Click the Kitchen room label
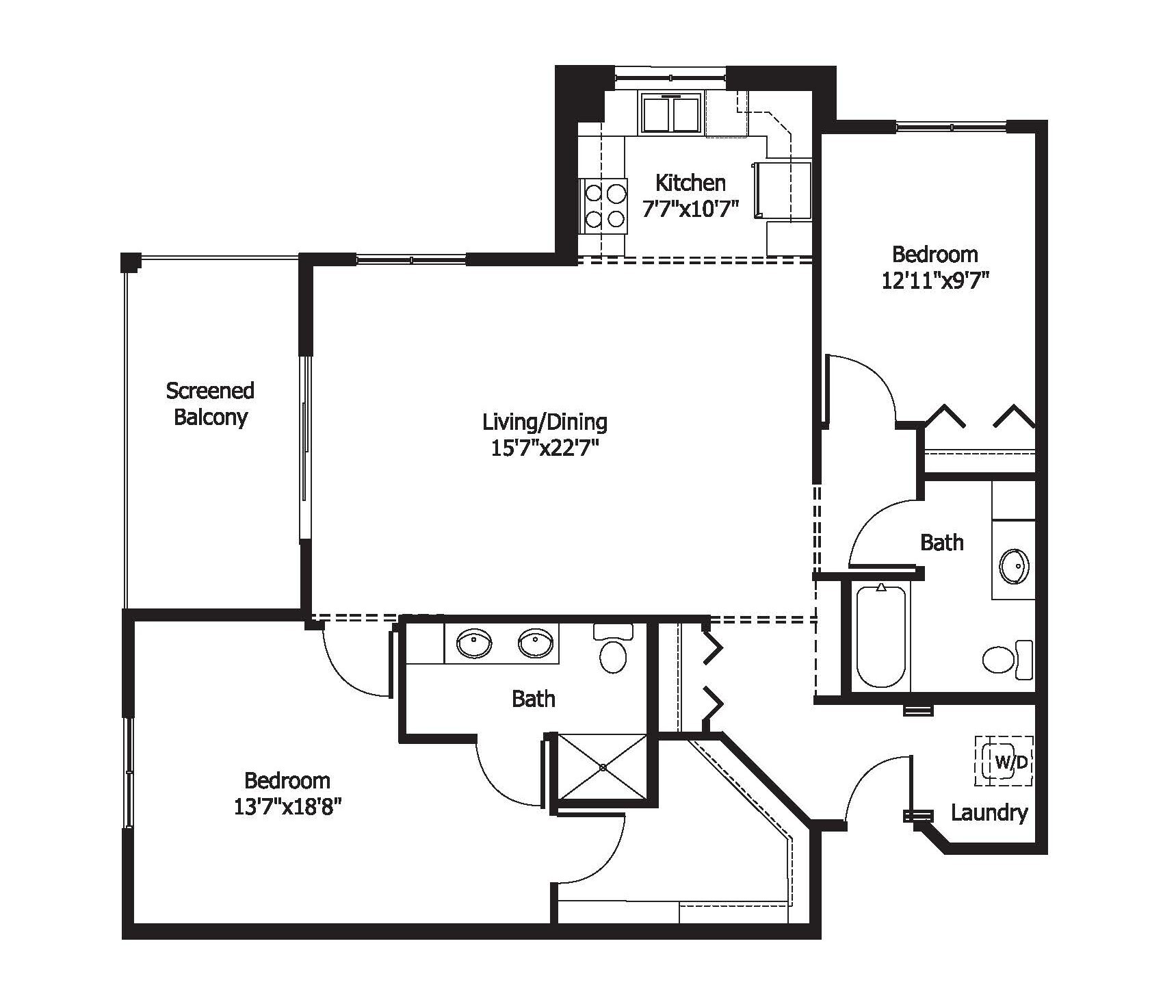click(690, 183)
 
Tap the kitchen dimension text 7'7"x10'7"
click(690, 209)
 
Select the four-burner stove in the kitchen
click(603, 205)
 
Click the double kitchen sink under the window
click(671, 114)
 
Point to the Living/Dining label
click(545, 422)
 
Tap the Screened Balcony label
click(210, 403)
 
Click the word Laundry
click(989, 812)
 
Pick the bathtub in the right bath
click(881, 636)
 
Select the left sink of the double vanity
click(474, 643)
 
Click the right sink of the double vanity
click(535, 643)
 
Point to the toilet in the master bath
click(613, 650)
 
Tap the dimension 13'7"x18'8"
click(287, 807)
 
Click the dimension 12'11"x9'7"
click(935, 281)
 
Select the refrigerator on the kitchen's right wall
click(785, 191)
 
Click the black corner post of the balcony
click(130, 261)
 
